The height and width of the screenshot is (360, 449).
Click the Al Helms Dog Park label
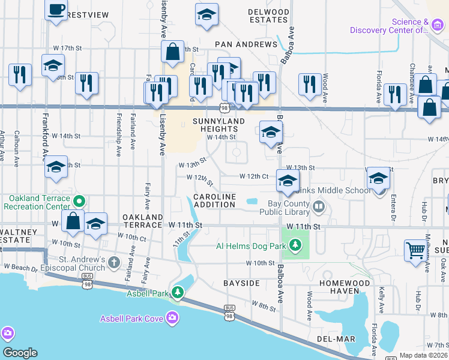click(250, 245)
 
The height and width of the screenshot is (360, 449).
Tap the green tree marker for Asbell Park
click(178, 293)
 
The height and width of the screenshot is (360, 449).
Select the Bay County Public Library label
click(285, 208)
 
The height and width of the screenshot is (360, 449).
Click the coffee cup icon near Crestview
click(56, 10)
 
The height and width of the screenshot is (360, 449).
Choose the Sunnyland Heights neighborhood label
click(215, 125)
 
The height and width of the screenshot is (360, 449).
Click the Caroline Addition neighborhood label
click(214, 200)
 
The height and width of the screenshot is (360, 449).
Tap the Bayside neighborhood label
click(241, 282)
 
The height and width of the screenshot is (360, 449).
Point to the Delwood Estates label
click(268, 16)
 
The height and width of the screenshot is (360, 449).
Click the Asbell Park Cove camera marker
click(173, 317)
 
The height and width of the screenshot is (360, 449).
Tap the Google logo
click(19, 353)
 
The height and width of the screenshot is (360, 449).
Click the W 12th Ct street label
click(253, 176)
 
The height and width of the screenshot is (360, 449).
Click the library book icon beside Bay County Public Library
click(318, 208)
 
